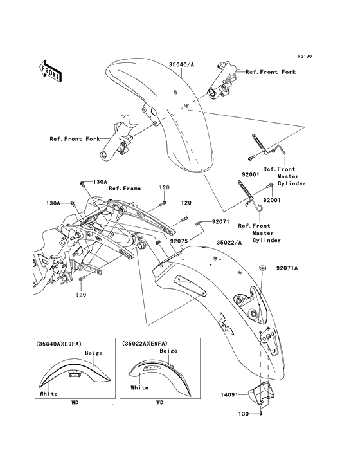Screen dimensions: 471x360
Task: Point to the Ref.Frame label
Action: click(124, 189)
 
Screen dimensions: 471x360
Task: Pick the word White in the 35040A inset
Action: click(48, 394)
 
